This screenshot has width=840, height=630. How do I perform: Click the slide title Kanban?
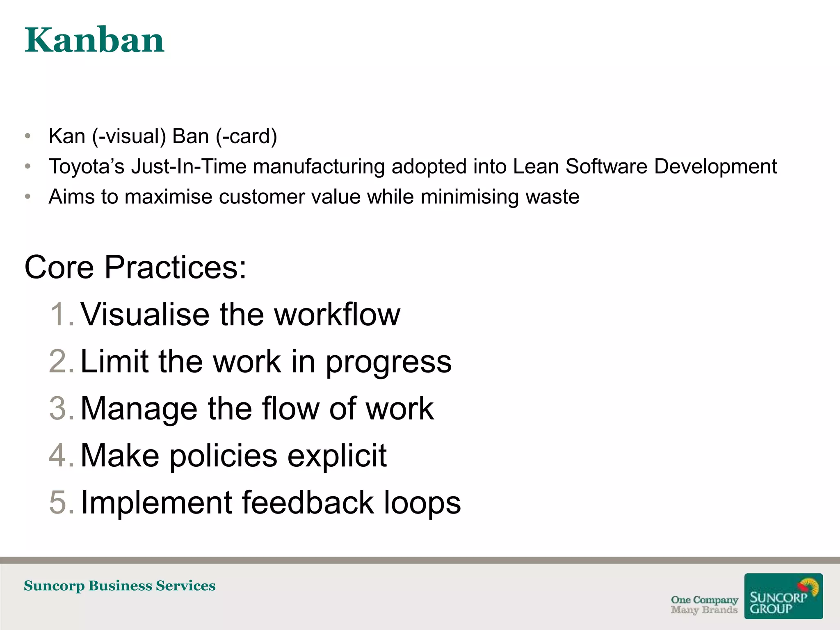[94, 40]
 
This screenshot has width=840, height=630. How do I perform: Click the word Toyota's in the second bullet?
[86, 167]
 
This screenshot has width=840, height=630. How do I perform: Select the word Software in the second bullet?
[606, 167]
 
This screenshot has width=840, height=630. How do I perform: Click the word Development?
[715, 167]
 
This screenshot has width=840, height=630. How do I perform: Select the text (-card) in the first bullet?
[247, 136]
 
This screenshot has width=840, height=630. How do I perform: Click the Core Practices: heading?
[135, 267]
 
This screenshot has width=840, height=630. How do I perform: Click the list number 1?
[62, 315]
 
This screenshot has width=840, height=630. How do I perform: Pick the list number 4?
[62, 456]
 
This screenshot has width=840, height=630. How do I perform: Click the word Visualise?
[146, 315]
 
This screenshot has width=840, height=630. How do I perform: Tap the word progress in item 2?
[388, 363]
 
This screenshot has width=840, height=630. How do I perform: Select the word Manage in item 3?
[139, 409]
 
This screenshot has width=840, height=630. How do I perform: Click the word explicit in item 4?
[337, 456]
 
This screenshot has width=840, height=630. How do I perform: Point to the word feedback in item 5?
[308, 502]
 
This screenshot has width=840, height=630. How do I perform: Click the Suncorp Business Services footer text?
[119, 586]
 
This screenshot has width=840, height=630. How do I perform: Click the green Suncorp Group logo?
[783, 596]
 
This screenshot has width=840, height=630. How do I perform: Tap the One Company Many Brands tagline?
[704, 605]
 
